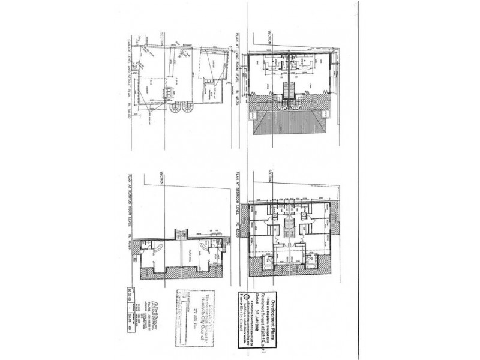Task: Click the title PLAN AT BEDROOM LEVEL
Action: (x=238, y=196)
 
